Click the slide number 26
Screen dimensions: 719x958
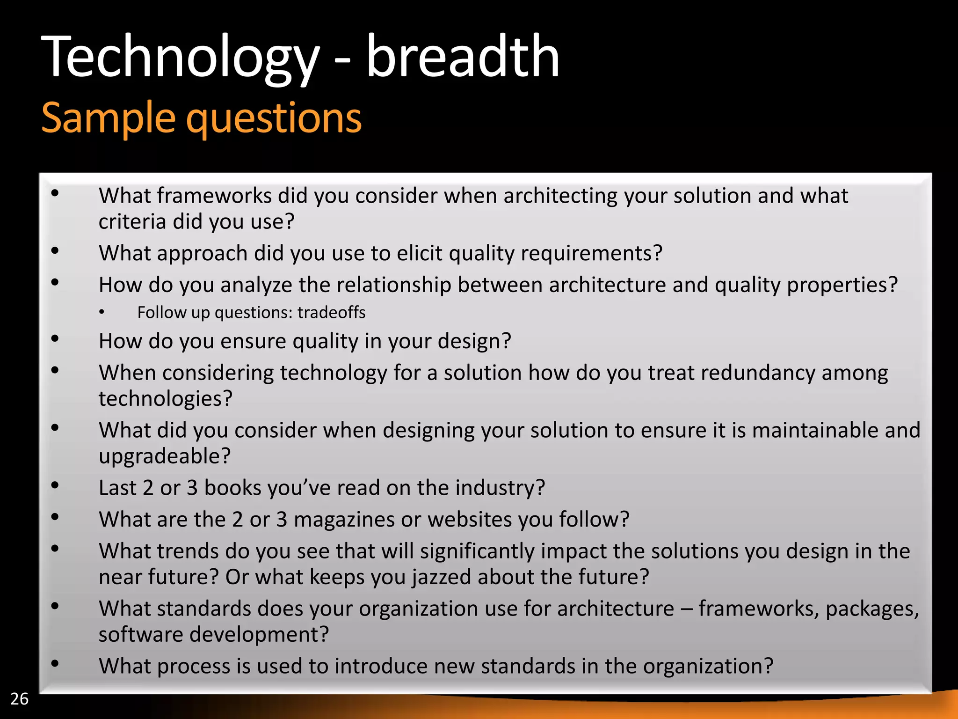click(x=19, y=698)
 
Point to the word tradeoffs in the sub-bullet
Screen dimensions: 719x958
click(x=331, y=312)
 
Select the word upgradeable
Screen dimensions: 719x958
click(x=165, y=456)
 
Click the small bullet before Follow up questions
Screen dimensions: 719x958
click(x=102, y=313)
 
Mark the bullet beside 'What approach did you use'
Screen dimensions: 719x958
click(x=55, y=251)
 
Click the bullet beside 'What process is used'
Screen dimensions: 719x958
click(x=55, y=663)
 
